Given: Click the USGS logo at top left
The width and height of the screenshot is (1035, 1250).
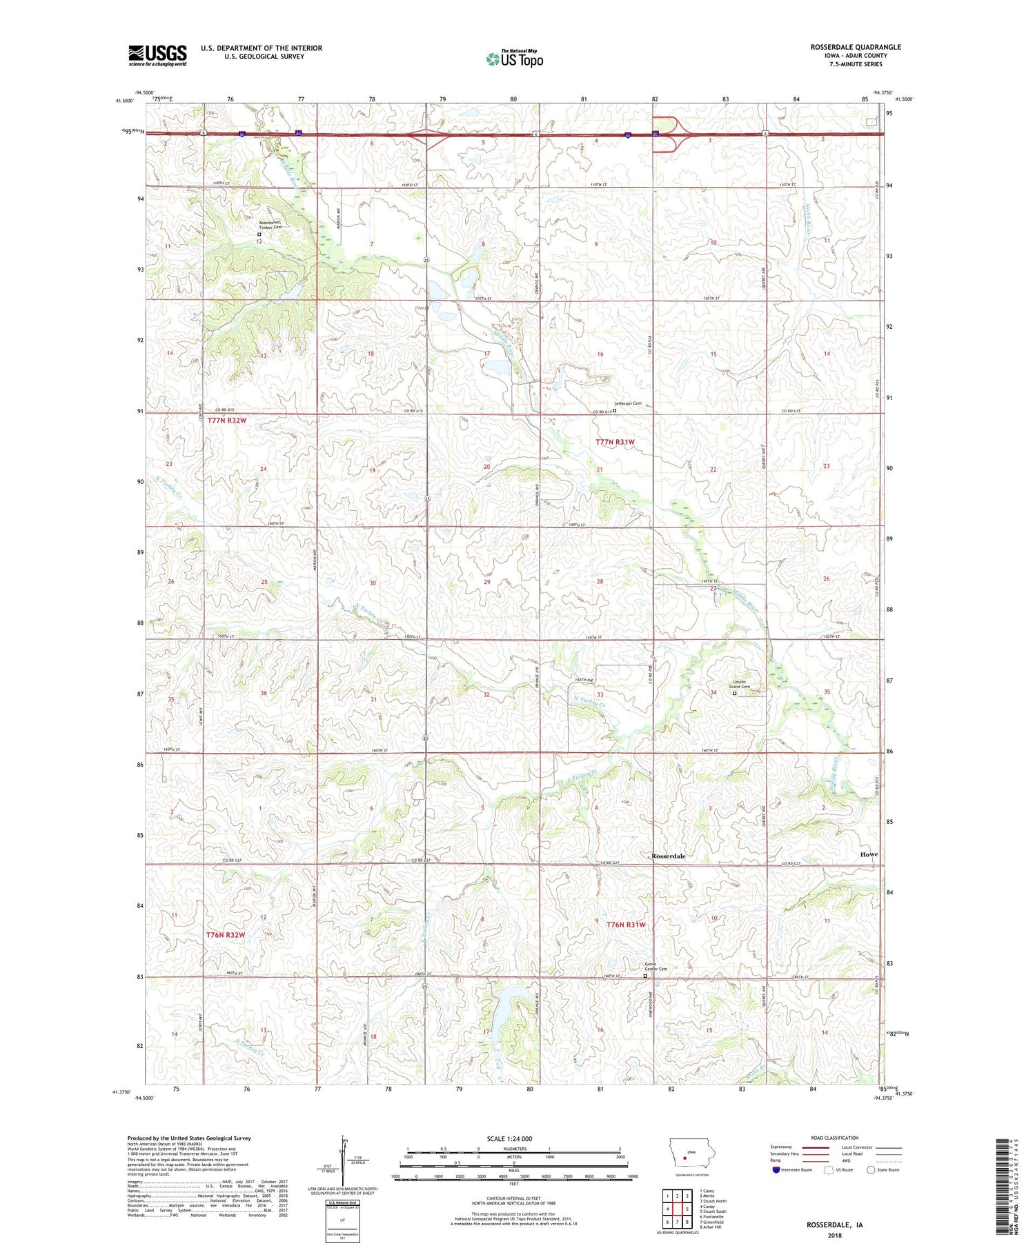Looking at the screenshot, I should (x=157, y=55).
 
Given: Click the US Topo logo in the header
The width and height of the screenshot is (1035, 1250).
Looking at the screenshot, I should (x=514, y=59).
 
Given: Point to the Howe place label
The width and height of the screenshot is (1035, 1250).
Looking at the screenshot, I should (x=869, y=854).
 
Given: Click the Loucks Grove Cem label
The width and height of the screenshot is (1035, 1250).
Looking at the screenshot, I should (x=740, y=684).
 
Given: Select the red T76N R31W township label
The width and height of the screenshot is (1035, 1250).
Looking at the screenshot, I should (x=626, y=924).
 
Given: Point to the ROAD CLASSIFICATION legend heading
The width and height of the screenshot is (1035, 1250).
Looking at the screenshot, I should (x=835, y=1138).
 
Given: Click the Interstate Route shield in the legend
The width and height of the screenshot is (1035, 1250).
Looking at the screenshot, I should (x=776, y=1170).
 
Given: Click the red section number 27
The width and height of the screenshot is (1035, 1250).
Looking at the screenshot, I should (x=713, y=588).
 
